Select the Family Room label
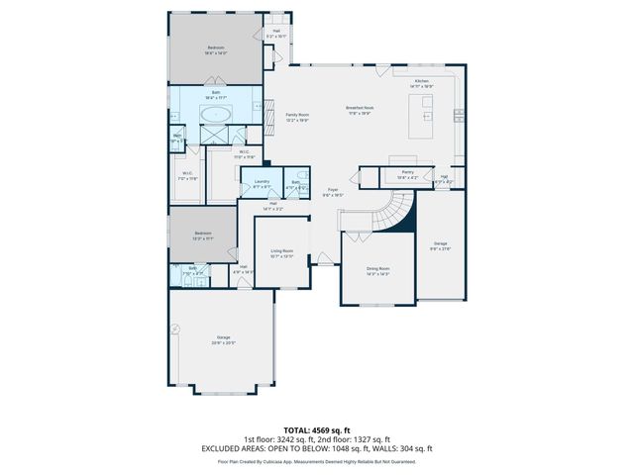[x=297, y=115]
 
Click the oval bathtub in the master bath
[x=215, y=115]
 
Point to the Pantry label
[x=406, y=173]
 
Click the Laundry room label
[x=262, y=182]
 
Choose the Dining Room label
[x=377, y=269]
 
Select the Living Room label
[x=281, y=251]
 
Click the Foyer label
[x=334, y=192]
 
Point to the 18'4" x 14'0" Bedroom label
[x=215, y=48]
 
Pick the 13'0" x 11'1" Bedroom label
[x=202, y=234]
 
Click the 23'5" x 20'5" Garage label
[x=224, y=339]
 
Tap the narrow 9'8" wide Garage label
[x=440, y=245]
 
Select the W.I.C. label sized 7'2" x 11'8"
[x=186, y=175]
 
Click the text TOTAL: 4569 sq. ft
[x=316, y=430]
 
